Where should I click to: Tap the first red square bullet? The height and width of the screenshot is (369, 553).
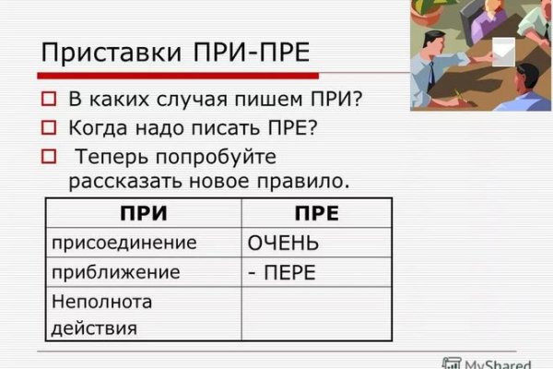click(x=50, y=98)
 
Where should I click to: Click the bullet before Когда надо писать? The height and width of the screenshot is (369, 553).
click(x=50, y=128)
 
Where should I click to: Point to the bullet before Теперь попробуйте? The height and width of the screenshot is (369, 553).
click(x=50, y=157)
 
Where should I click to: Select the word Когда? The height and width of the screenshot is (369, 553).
click(x=99, y=128)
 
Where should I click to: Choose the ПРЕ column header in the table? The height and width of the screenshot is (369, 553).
click(x=316, y=214)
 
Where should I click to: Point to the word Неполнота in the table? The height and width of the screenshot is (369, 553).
click(x=100, y=302)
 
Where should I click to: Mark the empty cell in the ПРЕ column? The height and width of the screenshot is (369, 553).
click(x=316, y=314)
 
